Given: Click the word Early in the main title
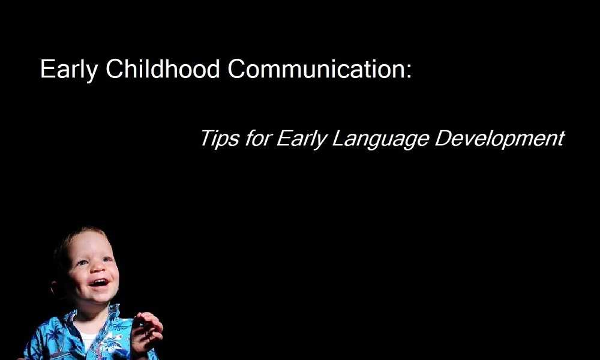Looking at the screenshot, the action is [x=69, y=70].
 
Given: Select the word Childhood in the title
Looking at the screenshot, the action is [x=163, y=68].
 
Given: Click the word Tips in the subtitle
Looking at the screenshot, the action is [x=219, y=139].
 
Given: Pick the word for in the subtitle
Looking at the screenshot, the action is [x=258, y=138].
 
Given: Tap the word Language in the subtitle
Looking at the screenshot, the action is [x=380, y=139].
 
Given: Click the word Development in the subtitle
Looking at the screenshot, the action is [x=500, y=139].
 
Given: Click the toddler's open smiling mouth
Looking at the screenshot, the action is [x=99, y=283].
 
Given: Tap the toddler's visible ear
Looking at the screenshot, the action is [x=56, y=287].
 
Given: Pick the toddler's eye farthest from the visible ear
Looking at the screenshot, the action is [x=107, y=259].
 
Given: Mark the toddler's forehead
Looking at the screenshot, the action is [x=88, y=244].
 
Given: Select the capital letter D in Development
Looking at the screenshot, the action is [x=443, y=138].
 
